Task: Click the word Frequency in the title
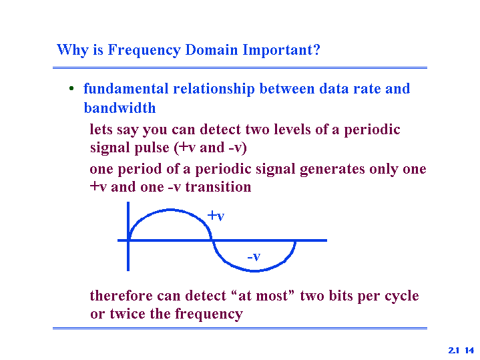coord(144,50)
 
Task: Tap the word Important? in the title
coord(281,50)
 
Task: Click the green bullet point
coord(71,89)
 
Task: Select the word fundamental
coord(126,89)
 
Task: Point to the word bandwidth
coord(119,108)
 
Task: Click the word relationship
coord(214,89)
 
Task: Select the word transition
coord(218,187)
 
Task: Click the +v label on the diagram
coord(216,216)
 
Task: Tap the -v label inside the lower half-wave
coord(254,256)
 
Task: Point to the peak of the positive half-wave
coord(170,210)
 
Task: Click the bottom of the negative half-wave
coord(254,271)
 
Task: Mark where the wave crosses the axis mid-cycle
coord(212,240)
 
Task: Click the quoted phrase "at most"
coord(263,296)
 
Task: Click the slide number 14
coord(469,350)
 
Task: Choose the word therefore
coord(122,296)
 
